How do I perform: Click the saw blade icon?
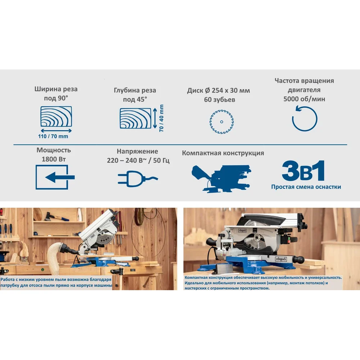tap(221, 122)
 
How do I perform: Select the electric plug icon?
tap(138, 179)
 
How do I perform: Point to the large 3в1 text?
tap(303, 171)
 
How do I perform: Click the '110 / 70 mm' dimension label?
tap(53, 136)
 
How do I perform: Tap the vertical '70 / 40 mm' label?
tap(161, 118)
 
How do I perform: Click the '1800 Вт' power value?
tap(54, 159)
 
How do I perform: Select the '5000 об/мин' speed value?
tap(304, 99)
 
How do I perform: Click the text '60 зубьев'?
tap(220, 100)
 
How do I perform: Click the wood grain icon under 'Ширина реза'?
tap(56, 116)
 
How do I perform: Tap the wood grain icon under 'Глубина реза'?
tap(135, 118)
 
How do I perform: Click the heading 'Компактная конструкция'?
tap(223, 153)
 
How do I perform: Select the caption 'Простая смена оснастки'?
tap(306, 187)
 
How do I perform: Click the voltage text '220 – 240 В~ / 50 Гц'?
tap(138, 160)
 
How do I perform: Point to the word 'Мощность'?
tap(54, 150)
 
